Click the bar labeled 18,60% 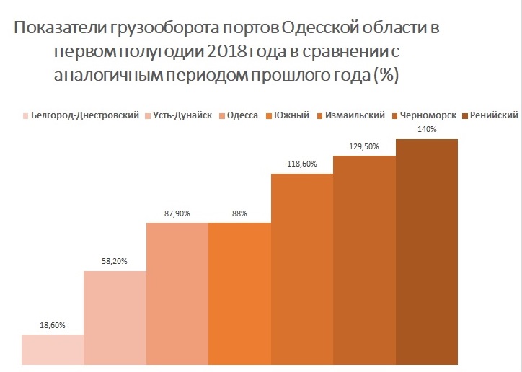(x=53, y=350)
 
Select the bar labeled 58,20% (x=115, y=317)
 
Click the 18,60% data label (x=53, y=326)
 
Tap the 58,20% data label (x=115, y=262)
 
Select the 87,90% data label (x=177, y=213)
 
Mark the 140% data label (x=427, y=129)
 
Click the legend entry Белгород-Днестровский (x=86, y=115)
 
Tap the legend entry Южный (x=291, y=115)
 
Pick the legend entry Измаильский (x=354, y=115)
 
